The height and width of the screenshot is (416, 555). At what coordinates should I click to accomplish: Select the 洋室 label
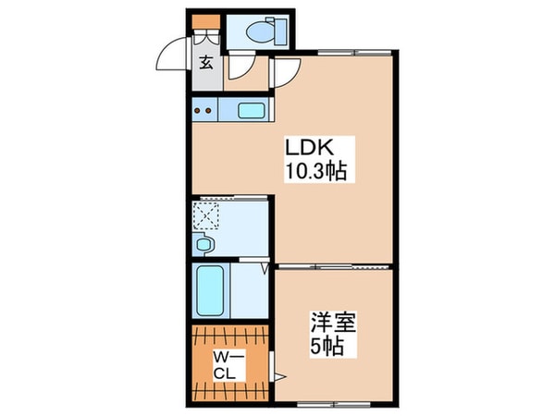(333, 325)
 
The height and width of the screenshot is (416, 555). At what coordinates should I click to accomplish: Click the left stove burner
(199, 113)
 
